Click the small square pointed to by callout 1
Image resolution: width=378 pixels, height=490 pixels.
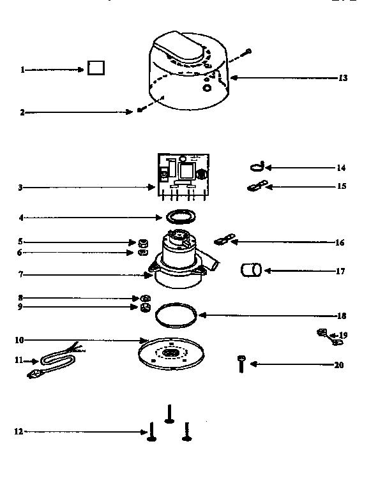96,68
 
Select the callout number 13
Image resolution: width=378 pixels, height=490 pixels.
343,78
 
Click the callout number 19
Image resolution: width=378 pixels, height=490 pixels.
344,335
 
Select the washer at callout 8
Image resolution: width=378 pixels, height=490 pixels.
146,298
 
